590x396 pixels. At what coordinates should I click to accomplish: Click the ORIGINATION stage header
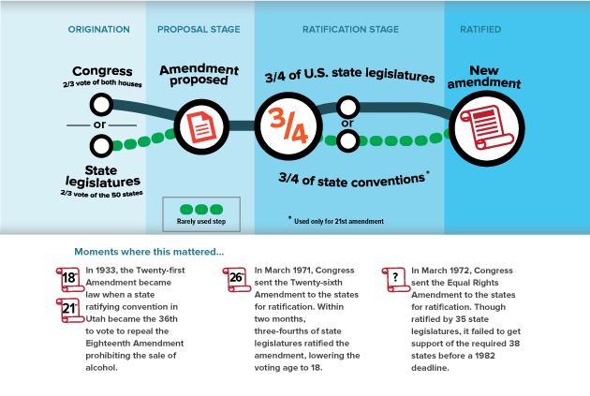[x=99, y=30]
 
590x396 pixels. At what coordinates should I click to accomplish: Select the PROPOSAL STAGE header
[x=199, y=30]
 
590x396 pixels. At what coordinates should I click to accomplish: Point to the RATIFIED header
[x=480, y=30]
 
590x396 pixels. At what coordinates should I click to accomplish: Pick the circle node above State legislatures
[x=101, y=146]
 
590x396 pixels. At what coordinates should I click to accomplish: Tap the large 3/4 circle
[x=288, y=125]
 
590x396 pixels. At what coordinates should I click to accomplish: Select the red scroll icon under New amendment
[x=482, y=125]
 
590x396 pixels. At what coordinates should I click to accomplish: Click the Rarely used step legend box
[x=200, y=214]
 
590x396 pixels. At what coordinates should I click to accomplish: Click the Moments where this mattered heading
[x=149, y=251]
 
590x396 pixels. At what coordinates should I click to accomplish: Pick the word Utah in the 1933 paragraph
[x=96, y=318]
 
